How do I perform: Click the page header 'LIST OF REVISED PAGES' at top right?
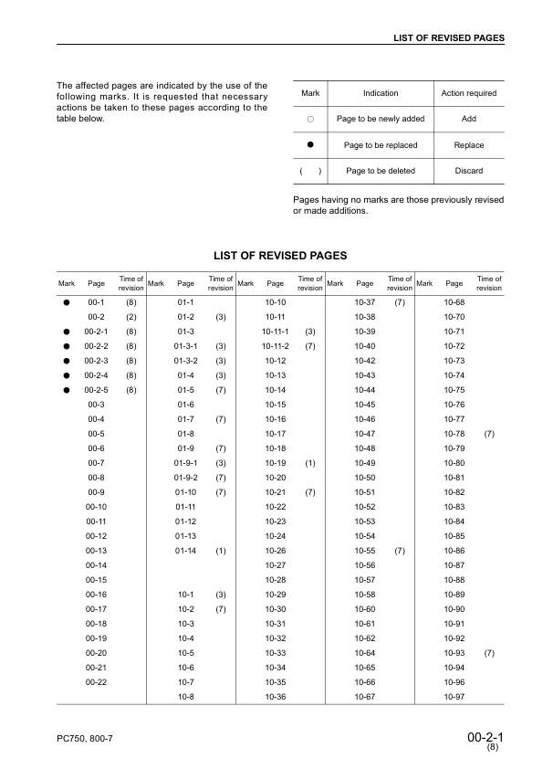(x=448, y=37)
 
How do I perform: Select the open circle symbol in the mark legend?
(x=310, y=119)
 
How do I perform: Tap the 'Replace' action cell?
(x=468, y=145)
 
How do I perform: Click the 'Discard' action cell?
(x=468, y=171)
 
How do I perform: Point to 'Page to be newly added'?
(x=381, y=119)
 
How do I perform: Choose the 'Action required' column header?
(x=468, y=93)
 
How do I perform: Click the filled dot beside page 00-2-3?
(x=67, y=361)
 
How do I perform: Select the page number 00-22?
(x=96, y=682)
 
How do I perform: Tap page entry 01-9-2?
(x=185, y=478)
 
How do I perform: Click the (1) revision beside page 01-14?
(x=221, y=551)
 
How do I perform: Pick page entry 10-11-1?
(x=275, y=332)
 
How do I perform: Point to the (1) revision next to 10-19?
(x=310, y=463)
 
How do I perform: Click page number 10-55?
(x=365, y=551)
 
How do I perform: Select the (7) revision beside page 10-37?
(x=400, y=302)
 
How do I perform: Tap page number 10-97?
(x=454, y=697)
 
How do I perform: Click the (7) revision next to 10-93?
(x=489, y=653)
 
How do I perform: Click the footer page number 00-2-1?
(x=485, y=734)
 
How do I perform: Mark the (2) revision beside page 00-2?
(x=131, y=317)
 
